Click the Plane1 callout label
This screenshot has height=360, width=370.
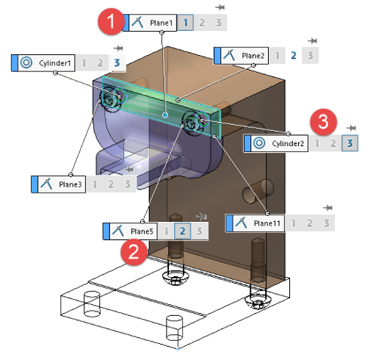pos(150,23)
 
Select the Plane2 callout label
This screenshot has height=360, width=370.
pos(242,56)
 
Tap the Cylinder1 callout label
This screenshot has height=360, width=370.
pos(43,63)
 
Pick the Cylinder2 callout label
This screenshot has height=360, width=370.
pos(276,143)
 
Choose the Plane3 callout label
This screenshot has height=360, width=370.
pos(59,184)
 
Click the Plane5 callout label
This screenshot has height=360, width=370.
pos(130,231)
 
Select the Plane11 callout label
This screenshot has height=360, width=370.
pos(255,223)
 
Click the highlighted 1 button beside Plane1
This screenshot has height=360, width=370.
pos(186,23)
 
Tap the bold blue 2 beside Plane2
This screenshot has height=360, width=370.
pos(294,56)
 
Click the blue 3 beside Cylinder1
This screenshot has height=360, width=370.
pos(117,63)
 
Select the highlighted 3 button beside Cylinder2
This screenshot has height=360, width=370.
pos(350,143)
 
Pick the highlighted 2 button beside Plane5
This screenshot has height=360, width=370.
pos(183,231)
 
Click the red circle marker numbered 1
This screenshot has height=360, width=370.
pos(111,21)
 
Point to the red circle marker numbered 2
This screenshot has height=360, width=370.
pos(134,252)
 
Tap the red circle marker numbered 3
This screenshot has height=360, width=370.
pos(323,122)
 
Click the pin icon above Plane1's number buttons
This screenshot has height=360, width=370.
pos(220,7)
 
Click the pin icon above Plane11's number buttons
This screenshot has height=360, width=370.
pos(328,208)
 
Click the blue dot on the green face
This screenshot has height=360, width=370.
pos(165,115)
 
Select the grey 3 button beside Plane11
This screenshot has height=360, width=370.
pos(327,223)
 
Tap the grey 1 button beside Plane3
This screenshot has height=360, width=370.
pos(95,184)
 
